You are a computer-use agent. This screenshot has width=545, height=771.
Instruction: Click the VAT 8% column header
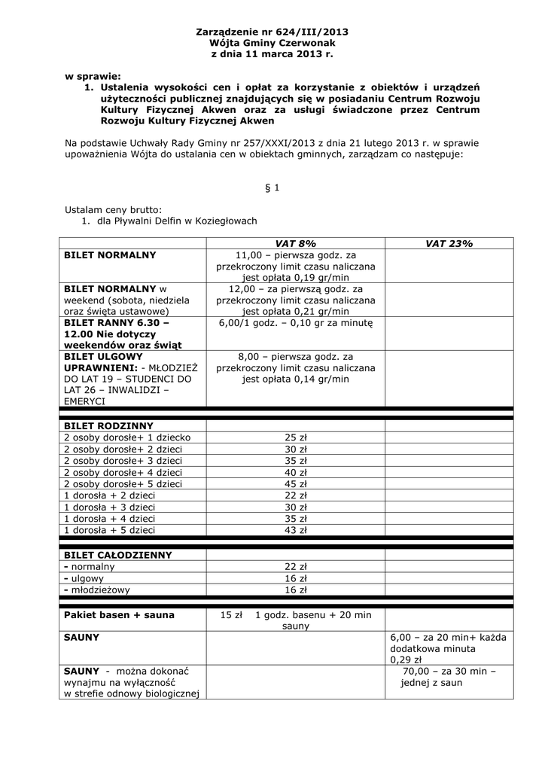[295, 243]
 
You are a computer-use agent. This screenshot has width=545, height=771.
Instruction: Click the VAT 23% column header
[449, 243]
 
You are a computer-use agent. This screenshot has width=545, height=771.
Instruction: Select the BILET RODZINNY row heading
[108, 425]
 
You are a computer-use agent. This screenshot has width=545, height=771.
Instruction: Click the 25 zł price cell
[295, 437]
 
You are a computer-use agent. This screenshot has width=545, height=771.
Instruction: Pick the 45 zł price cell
[295, 484]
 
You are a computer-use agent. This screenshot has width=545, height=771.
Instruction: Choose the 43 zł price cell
[295, 530]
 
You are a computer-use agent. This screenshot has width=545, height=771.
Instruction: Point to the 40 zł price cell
[295, 472]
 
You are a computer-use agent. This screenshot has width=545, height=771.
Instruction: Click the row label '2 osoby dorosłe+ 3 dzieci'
[123, 461]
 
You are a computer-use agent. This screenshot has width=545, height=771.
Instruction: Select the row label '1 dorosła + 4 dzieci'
[110, 519]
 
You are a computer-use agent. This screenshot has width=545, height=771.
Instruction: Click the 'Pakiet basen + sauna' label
[119, 615]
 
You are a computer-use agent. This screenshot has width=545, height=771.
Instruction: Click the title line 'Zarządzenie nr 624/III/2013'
[272, 32]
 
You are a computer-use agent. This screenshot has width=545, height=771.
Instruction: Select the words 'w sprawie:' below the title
[93, 76]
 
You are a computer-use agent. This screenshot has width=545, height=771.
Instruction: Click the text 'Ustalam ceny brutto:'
[113, 210]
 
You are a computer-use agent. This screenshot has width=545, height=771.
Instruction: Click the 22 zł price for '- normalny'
[295, 567]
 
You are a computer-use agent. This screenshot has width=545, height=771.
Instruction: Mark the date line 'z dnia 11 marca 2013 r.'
[272, 55]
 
